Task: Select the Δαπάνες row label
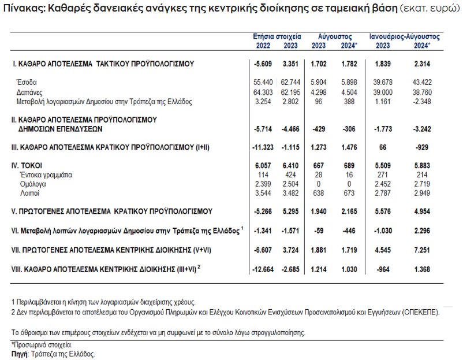pos(29,92)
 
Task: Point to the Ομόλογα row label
pos(32,183)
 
